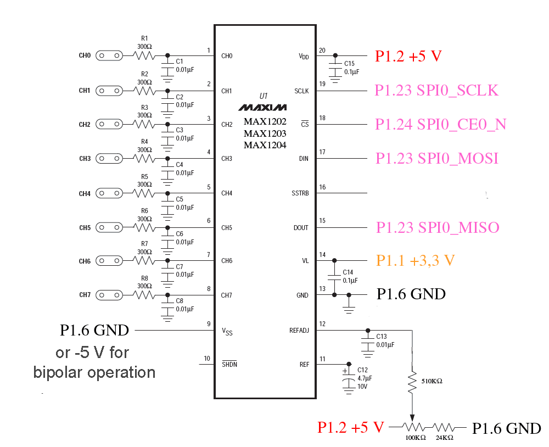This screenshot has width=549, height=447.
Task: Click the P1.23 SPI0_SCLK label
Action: tap(436, 91)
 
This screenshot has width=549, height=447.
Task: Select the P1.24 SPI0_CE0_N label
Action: tap(440, 125)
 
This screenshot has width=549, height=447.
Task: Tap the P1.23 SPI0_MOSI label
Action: tap(436, 159)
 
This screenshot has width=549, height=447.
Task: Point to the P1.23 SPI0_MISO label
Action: tap(438, 227)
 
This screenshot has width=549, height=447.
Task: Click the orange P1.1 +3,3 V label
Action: tap(415, 261)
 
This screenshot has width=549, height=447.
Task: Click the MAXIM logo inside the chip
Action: tap(262, 107)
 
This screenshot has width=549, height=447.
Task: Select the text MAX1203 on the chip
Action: tap(265, 133)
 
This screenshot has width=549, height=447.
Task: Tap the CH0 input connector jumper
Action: tap(109, 55)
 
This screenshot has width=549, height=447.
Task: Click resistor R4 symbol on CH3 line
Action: tap(144, 158)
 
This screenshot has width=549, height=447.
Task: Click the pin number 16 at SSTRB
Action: tap(322, 187)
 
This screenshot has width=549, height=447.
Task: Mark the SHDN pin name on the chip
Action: tap(229, 364)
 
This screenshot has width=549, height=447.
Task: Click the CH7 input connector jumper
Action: tap(109, 295)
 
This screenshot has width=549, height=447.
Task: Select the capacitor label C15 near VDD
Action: tap(350, 64)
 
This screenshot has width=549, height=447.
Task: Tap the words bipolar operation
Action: tap(94, 372)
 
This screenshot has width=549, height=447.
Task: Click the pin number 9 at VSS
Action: tap(209, 324)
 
